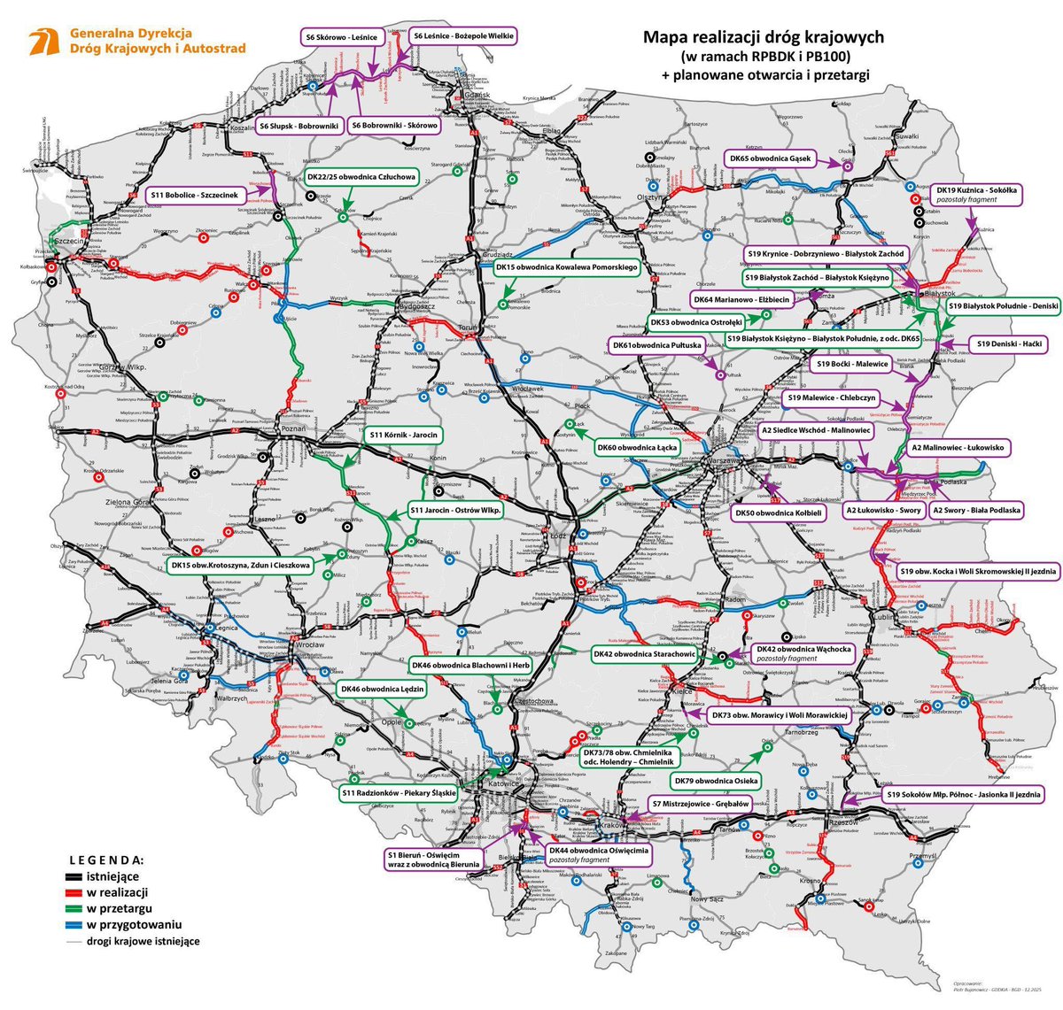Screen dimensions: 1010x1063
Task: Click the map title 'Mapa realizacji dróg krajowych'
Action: coord(763,37)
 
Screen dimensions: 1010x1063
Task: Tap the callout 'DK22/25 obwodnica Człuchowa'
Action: coord(361,177)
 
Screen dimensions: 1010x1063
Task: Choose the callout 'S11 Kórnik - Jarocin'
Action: coord(402,436)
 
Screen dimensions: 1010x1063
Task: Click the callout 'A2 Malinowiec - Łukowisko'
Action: coord(958,449)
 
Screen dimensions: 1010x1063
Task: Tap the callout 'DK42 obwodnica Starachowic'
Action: coord(645,654)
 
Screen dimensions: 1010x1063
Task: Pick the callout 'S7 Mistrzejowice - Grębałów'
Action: coord(701,805)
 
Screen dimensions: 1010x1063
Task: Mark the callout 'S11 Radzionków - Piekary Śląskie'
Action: coord(398,793)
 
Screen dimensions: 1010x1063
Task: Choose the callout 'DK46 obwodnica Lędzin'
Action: coord(384,689)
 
